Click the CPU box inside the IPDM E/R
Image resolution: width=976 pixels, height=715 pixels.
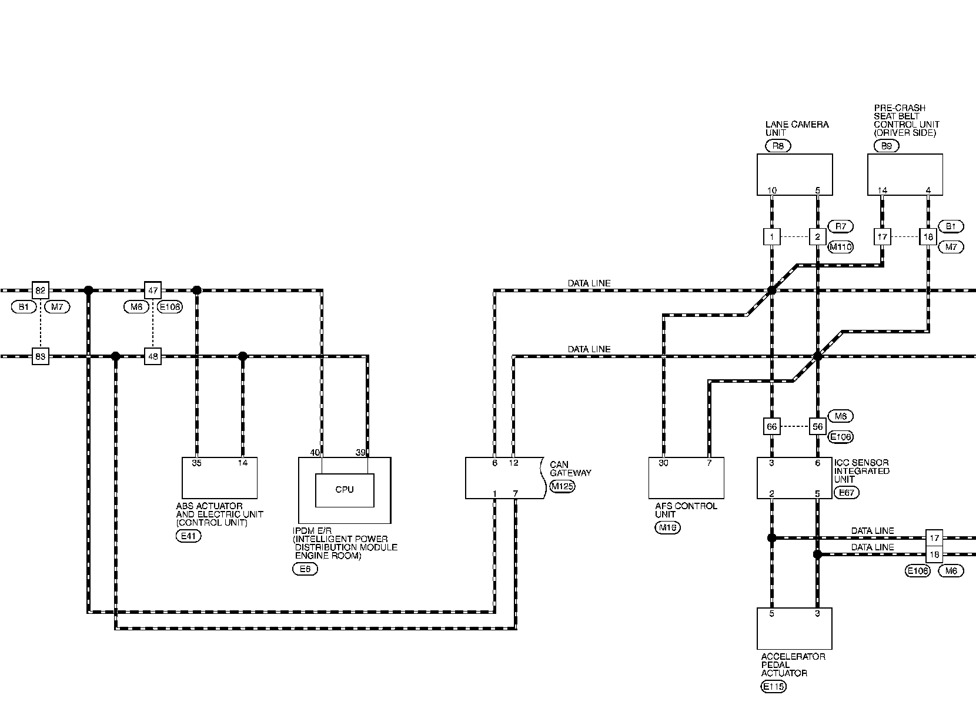click(345, 490)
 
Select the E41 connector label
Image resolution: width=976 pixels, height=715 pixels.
click(188, 536)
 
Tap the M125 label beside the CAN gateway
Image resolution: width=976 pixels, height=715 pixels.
click(562, 486)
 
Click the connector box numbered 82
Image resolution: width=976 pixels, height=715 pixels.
click(40, 290)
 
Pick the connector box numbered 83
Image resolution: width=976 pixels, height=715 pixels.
click(40, 356)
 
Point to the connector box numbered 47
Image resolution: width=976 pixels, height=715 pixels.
click(153, 290)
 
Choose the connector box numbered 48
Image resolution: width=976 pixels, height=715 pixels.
click(153, 356)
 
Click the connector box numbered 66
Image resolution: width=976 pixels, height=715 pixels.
click(772, 427)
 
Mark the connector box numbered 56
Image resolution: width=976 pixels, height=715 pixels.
click(817, 427)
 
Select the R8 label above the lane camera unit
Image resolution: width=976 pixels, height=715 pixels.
click(778, 146)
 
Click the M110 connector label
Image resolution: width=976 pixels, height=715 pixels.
click(840, 248)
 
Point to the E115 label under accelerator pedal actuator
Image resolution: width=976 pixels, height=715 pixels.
click(773, 686)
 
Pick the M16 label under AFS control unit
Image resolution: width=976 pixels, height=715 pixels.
click(668, 527)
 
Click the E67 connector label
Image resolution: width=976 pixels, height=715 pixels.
click(845, 493)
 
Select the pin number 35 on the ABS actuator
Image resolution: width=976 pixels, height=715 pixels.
click(196, 463)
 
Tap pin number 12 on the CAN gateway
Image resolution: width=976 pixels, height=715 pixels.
click(513, 463)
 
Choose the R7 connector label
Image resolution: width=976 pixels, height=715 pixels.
click(840, 226)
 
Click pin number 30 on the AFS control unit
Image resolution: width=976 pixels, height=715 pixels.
click(664, 463)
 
